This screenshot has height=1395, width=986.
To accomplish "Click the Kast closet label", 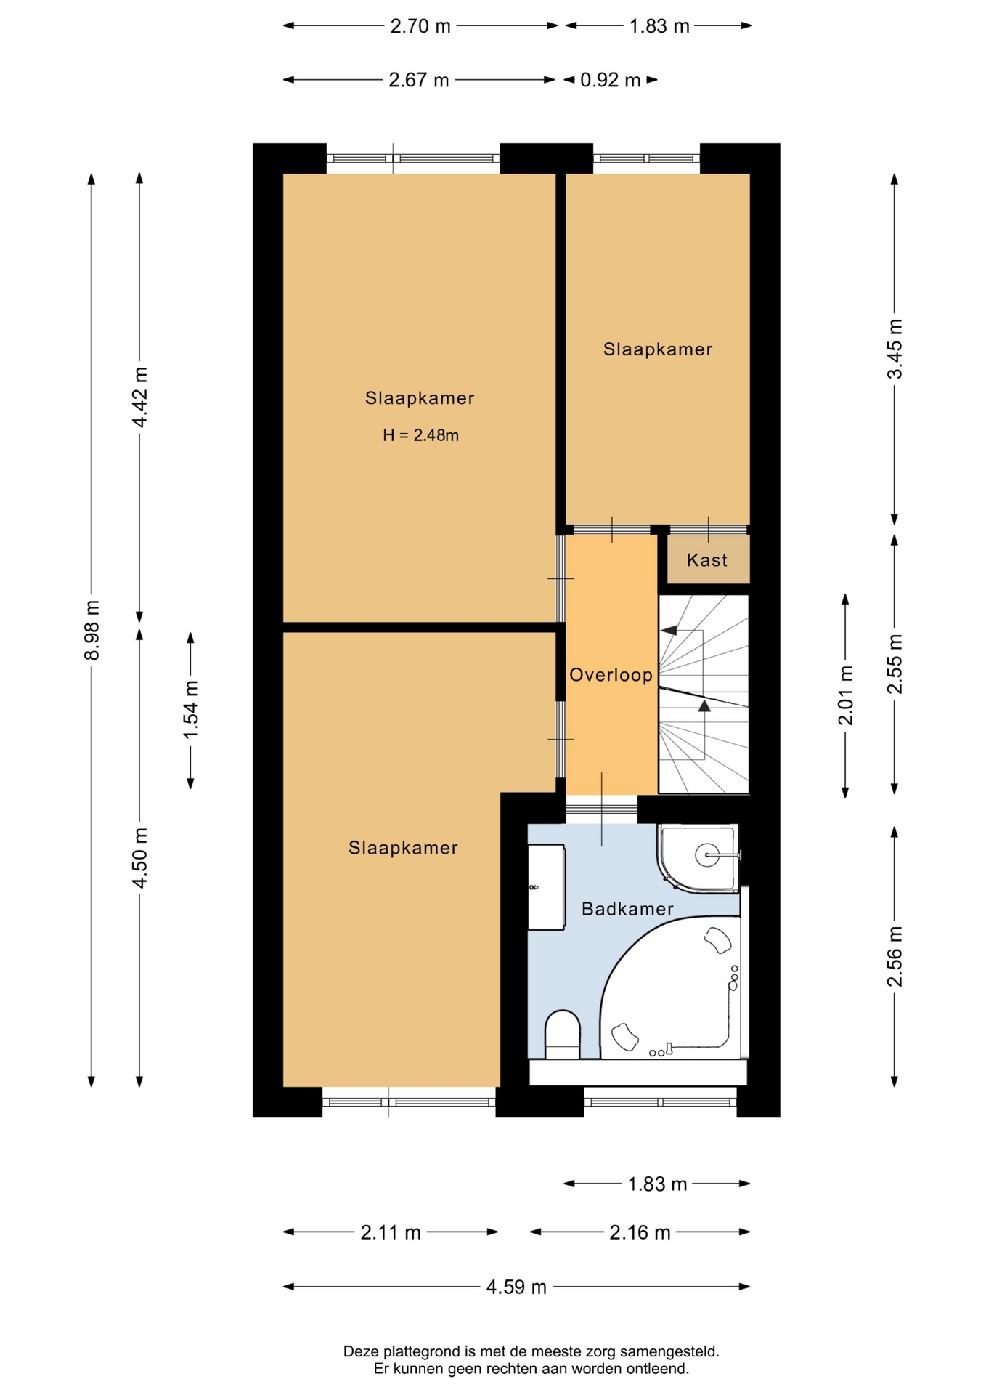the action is point(706,560).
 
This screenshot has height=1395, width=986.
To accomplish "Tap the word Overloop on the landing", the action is point(611,676).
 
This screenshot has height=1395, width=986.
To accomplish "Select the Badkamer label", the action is point(627,909).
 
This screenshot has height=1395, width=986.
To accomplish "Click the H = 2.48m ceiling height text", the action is point(421,435).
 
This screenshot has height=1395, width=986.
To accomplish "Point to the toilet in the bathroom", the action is point(563,1035).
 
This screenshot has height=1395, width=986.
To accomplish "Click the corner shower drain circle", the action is point(707,855).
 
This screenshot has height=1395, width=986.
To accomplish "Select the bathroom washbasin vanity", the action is point(546,886).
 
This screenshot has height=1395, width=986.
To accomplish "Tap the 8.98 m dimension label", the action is point(92,630).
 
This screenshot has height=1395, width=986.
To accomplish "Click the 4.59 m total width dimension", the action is point(516,1287).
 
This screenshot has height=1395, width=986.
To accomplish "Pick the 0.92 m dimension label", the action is point(610,80).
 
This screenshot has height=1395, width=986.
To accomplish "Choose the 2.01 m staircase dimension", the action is point(846,695).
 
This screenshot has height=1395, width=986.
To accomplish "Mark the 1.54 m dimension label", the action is point(191,710).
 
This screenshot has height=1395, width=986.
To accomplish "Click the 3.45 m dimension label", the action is point(895,349).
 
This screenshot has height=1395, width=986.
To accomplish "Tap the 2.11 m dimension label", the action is point(391,1232).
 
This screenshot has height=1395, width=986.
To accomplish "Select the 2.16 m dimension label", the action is point(640,1232).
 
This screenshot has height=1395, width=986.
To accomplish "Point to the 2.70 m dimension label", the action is point(420,26).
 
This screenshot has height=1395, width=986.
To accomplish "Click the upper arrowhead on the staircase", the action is point(669,631).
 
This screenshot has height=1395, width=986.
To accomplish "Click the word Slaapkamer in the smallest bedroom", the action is point(658,349).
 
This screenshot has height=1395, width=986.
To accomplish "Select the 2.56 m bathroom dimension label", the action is point(895,956).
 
